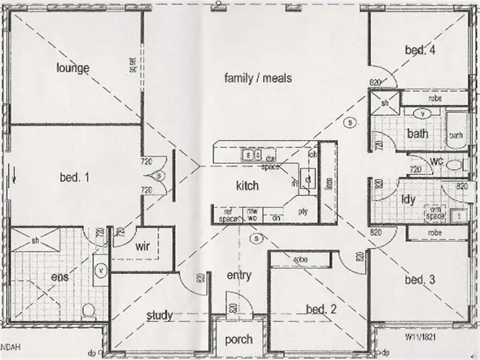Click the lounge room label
(x=72, y=68)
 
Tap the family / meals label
(x=258, y=78)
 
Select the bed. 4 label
(x=420, y=50)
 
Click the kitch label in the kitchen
(x=247, y=186)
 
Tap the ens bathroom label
(x=60, y=277)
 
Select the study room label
(x=159, y=315)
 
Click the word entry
(x=239, y=275)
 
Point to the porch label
(x=238, y=339)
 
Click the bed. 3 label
(x=420, y=279)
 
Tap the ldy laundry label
(x=408, y=199)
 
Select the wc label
(x=438, y=160)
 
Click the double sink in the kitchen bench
(x=250, y=154)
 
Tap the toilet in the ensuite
(x=89, y=312)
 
